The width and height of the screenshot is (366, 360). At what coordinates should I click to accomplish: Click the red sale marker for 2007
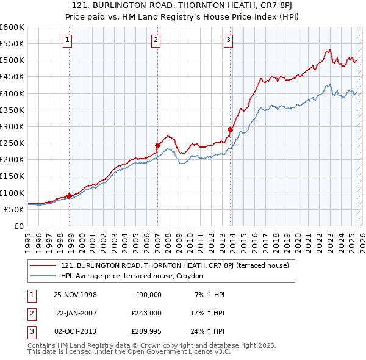pos(157,145)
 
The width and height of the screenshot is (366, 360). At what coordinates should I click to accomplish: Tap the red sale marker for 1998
pos(70,196)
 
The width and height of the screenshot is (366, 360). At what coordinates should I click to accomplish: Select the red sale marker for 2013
pos(230,129)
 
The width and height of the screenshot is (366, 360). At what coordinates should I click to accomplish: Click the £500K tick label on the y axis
pos(12,60)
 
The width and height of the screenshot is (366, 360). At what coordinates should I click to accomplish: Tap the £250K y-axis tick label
pos(12,143)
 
